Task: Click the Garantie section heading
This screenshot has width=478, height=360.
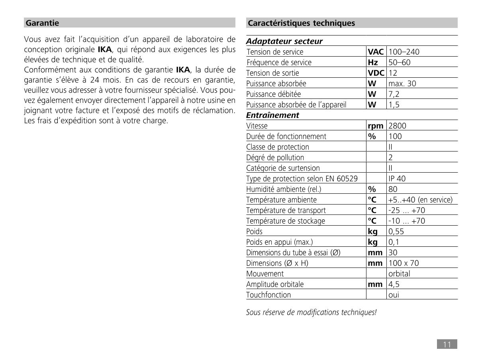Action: click(x=42, y=23)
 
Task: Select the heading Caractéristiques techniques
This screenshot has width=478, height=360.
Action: click(x=301, y=23)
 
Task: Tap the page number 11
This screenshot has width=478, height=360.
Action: click(x=447, y=344)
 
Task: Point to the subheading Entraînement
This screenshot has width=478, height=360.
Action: click(x=272, y=115)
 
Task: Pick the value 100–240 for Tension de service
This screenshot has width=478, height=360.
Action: click(x=404, y=52)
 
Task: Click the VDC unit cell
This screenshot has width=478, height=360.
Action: click(x=376, y=73)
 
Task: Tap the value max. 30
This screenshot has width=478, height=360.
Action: click(x=402, y=84)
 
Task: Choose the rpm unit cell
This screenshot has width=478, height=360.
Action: click(x=376, y=126)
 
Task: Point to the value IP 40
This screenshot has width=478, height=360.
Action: click(x=397, y=179)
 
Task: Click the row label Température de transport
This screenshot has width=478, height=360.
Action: click(x=286, y=210)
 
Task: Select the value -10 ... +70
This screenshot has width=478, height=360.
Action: click(x=406, y=221)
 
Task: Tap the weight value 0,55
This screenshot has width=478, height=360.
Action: click(x=397, y=231)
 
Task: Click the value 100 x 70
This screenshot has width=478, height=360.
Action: click(x=404, y=263)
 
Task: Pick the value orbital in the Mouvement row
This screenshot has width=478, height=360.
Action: click(x=399, y=274)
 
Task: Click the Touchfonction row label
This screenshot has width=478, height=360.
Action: click(x=268, y=295)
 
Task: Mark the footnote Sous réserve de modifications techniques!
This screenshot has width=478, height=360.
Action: click(x=311, y=312)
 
